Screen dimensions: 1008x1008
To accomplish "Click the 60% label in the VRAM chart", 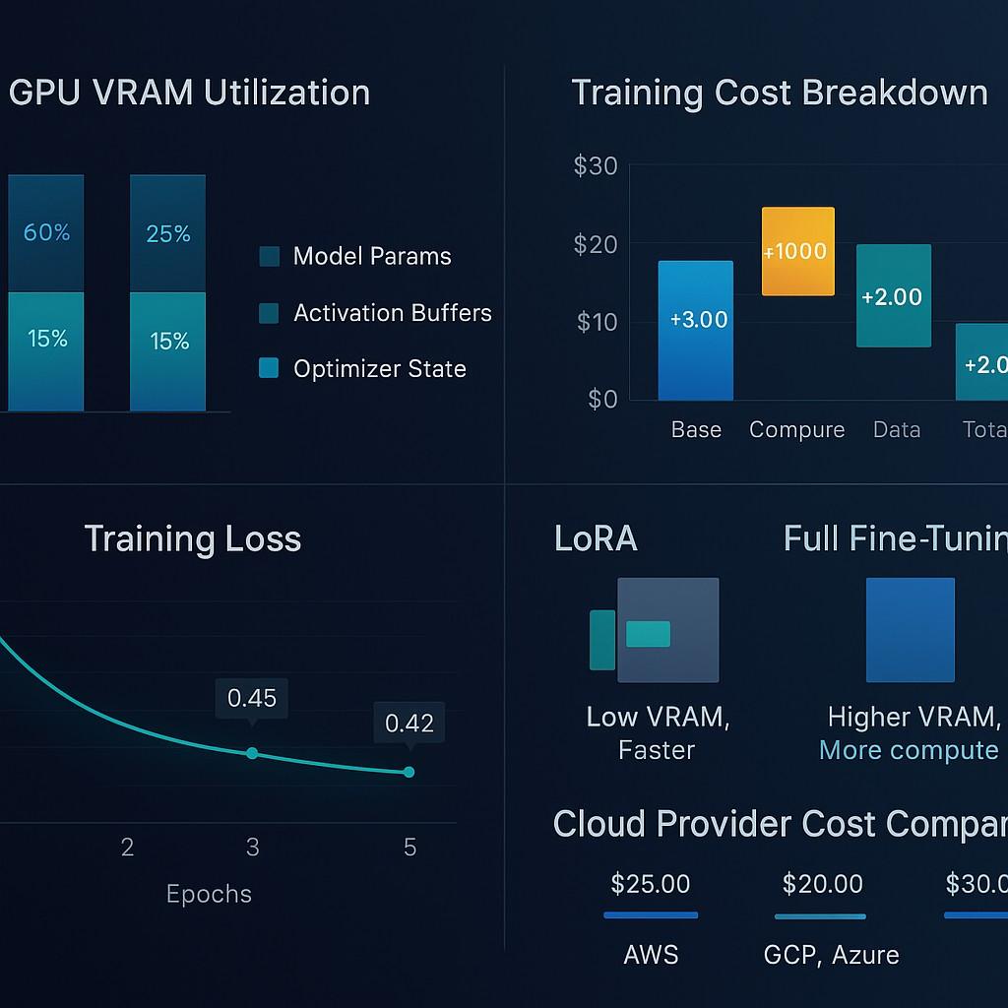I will [47, 233].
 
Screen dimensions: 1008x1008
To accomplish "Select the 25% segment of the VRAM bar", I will [168, 233].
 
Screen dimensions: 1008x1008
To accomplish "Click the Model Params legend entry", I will [371, 257].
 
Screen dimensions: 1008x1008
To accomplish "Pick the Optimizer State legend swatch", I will [269, 369].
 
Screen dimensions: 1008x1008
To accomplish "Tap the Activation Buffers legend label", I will [392, 313].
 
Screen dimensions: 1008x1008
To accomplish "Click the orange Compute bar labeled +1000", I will [797, 251].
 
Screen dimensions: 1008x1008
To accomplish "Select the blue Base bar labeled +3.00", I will [696, 330].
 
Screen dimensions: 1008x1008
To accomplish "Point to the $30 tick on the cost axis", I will [595, 166].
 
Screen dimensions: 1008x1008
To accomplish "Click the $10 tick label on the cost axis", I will [595, 322].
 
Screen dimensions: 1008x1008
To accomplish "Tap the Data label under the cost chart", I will [896, 430].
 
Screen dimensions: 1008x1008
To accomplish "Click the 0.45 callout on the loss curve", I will [252, 699].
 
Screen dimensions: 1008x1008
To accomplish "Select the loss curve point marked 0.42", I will [409, 772].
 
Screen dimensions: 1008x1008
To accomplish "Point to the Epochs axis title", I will [209, 894].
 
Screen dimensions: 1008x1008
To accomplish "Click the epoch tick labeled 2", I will [127, 848].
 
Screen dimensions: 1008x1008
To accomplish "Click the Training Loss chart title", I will [192, 539].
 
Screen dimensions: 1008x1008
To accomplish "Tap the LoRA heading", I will [596, 539].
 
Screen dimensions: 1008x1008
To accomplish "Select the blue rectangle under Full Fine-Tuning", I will [910, 630].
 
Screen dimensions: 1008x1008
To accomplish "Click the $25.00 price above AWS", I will [650, 884].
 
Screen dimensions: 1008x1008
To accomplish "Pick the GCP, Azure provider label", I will [831, 955].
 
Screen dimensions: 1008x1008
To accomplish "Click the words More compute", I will [909, 750].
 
